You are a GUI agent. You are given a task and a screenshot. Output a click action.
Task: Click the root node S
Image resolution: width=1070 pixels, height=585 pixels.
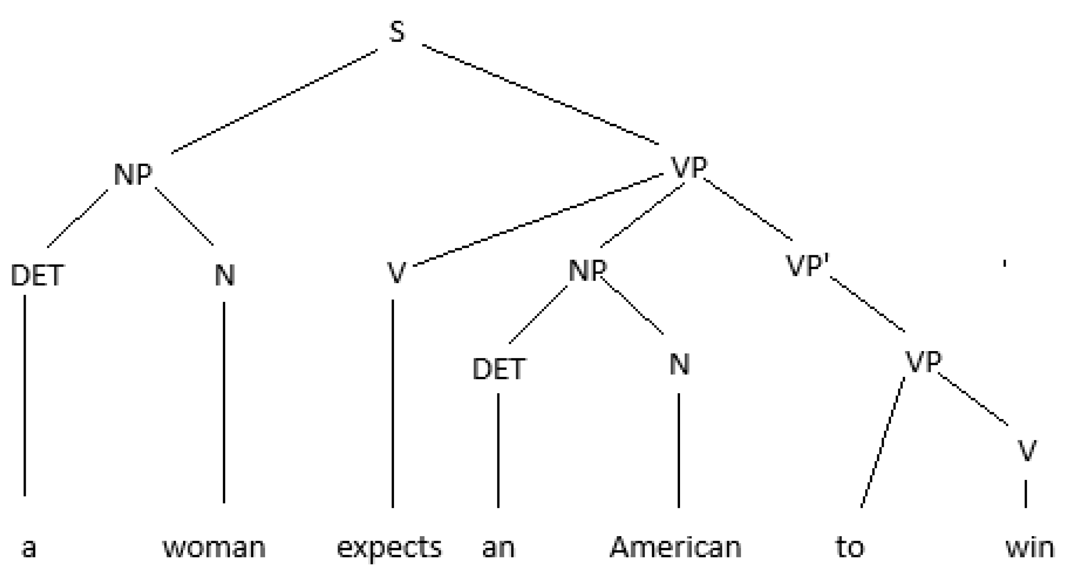pos(397,32)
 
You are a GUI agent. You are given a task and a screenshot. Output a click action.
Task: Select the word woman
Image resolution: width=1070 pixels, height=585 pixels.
pos(215,547)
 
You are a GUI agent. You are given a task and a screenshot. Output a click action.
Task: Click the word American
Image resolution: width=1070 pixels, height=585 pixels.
pos(675,547)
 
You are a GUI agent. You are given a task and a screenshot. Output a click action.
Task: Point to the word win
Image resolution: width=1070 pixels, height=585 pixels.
pos(1030,547)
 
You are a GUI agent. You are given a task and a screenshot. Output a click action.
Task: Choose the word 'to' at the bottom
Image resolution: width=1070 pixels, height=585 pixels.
pos(850,547)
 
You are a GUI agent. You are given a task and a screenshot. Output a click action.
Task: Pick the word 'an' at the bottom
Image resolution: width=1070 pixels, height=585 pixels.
pos(498,548)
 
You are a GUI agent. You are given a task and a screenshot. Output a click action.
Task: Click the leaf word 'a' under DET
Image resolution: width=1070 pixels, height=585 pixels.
pos(29,548)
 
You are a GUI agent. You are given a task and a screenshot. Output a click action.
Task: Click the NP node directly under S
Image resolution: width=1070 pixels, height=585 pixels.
pos(133,174)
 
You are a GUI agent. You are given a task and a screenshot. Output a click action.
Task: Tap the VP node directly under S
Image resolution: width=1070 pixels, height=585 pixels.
pos(689,168)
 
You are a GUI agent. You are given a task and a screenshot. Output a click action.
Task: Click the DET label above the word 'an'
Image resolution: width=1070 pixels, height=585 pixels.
pos(499,369)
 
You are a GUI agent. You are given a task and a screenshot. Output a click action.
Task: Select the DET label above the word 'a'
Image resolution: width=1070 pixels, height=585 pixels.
pos(37,275)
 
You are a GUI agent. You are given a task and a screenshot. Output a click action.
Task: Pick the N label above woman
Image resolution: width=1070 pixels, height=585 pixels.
pos(224,275)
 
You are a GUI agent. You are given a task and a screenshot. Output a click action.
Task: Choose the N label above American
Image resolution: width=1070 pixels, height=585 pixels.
pos(679,365)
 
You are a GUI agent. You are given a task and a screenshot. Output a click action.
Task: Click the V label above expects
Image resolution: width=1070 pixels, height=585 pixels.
pos(396,273)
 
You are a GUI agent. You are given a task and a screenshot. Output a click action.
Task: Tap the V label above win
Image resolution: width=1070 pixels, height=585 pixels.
pos(1026,451)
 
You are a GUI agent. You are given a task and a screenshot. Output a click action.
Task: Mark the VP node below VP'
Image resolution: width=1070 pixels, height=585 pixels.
pos(923,362)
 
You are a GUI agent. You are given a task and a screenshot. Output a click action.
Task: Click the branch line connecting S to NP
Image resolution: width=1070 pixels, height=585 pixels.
pos(274,101)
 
